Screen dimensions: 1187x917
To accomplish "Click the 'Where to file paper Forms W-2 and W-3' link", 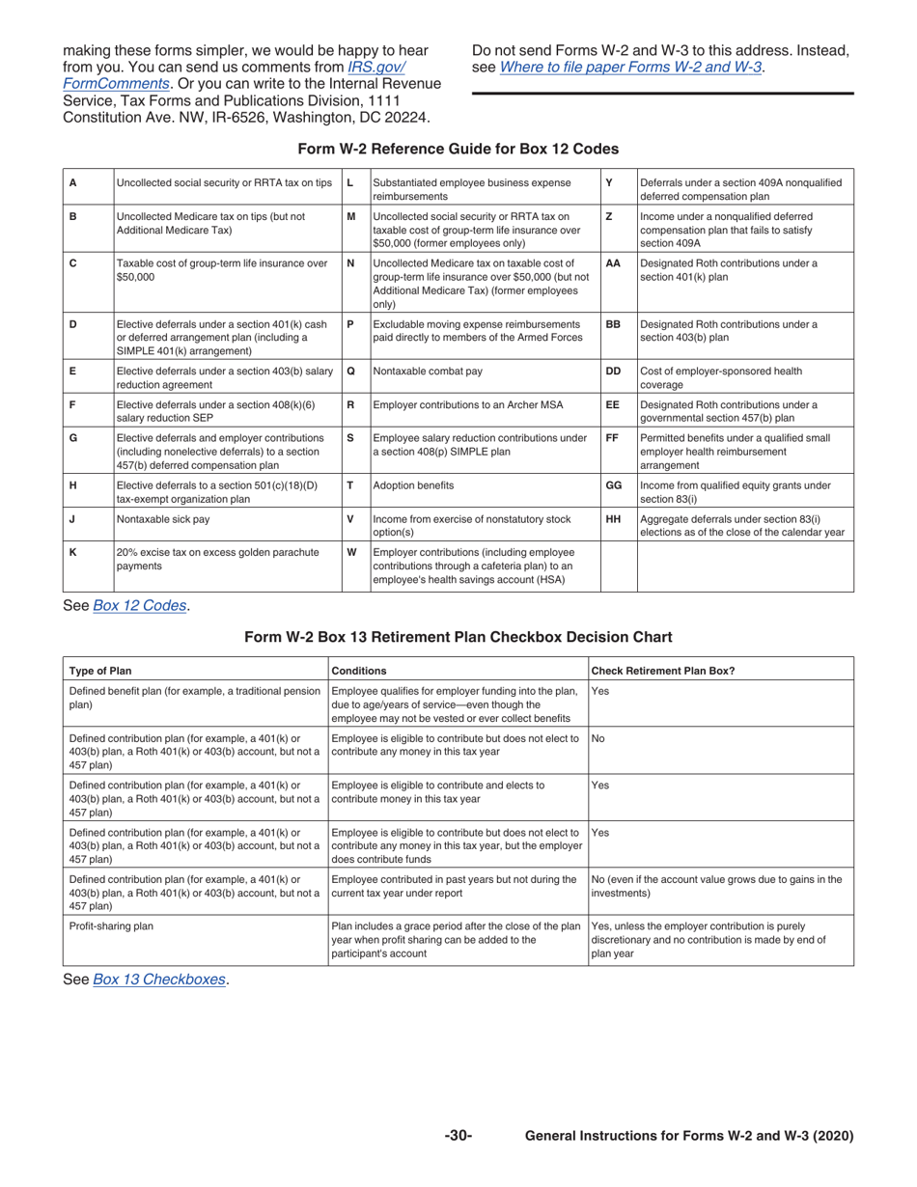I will [x=630, y=67].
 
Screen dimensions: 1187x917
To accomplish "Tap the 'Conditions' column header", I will [x=359, y=670].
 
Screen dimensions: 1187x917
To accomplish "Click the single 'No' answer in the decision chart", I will [x=597, y=737].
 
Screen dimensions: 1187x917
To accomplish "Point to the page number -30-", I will [x=458, y=1136].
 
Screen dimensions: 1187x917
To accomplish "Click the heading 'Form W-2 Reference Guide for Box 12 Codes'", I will [x=458, y=149].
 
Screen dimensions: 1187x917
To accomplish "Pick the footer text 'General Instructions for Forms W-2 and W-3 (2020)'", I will [x=688, y=1136].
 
